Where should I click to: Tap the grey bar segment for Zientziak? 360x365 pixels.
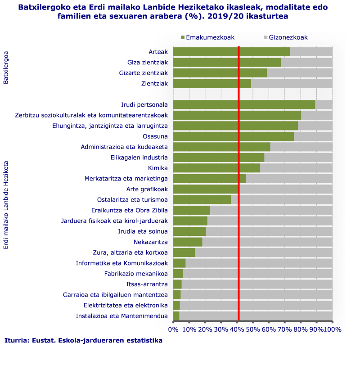(292, 84)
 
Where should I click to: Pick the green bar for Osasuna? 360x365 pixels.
(233, 136)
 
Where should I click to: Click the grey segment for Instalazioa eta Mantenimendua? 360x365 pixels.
(256, 316)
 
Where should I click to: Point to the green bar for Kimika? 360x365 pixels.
(216, 168)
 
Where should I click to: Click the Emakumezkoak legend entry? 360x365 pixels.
(207, 37)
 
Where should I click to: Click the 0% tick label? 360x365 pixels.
(173, 329)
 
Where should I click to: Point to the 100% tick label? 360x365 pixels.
(332, 329)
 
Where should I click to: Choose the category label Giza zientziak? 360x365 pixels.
(148, 63)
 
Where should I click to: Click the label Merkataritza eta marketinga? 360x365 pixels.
(126, 179)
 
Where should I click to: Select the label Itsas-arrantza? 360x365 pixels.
(147, 284)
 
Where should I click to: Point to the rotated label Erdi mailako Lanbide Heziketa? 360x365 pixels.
(6, 206)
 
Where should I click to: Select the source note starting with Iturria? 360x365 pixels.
(83, 341)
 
